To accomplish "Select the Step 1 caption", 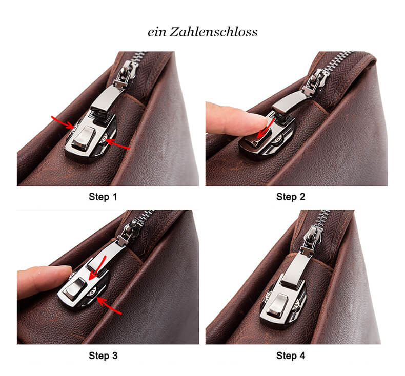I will coord(107,197).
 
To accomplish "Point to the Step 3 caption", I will coord(107,355).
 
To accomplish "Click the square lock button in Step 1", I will coord(82,139).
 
